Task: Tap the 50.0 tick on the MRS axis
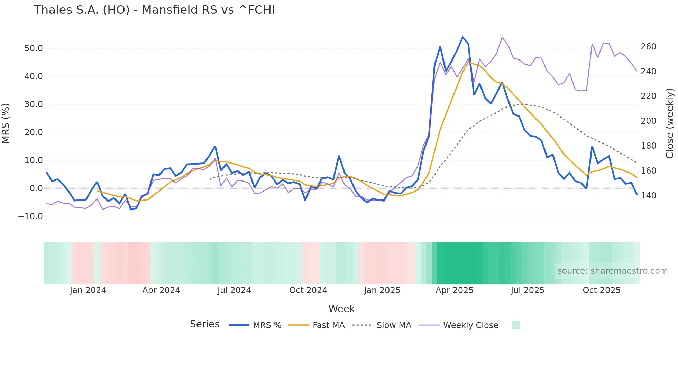click(x=34, y=48)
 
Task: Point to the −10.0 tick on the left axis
click(x=30, y=216)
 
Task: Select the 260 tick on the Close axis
click(x=648, y=47)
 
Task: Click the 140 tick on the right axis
click(x=648, y=196)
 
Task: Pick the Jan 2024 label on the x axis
click(x=88, y=290)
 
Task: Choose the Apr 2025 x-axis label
click(x=454, y=290)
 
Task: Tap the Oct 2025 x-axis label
click(x=602, y=290)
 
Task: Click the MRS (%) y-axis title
click(x=6, y=123)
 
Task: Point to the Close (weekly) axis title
click(x=670, y=123)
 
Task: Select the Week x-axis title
click(x=341, y=309)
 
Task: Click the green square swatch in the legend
click(x=515, y=325)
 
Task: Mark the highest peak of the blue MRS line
click(x=462, y=37)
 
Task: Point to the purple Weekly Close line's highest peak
click(x=502, y=37)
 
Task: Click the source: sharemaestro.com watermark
click(x=612, y=271)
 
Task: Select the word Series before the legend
click(x=204, y=324)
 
